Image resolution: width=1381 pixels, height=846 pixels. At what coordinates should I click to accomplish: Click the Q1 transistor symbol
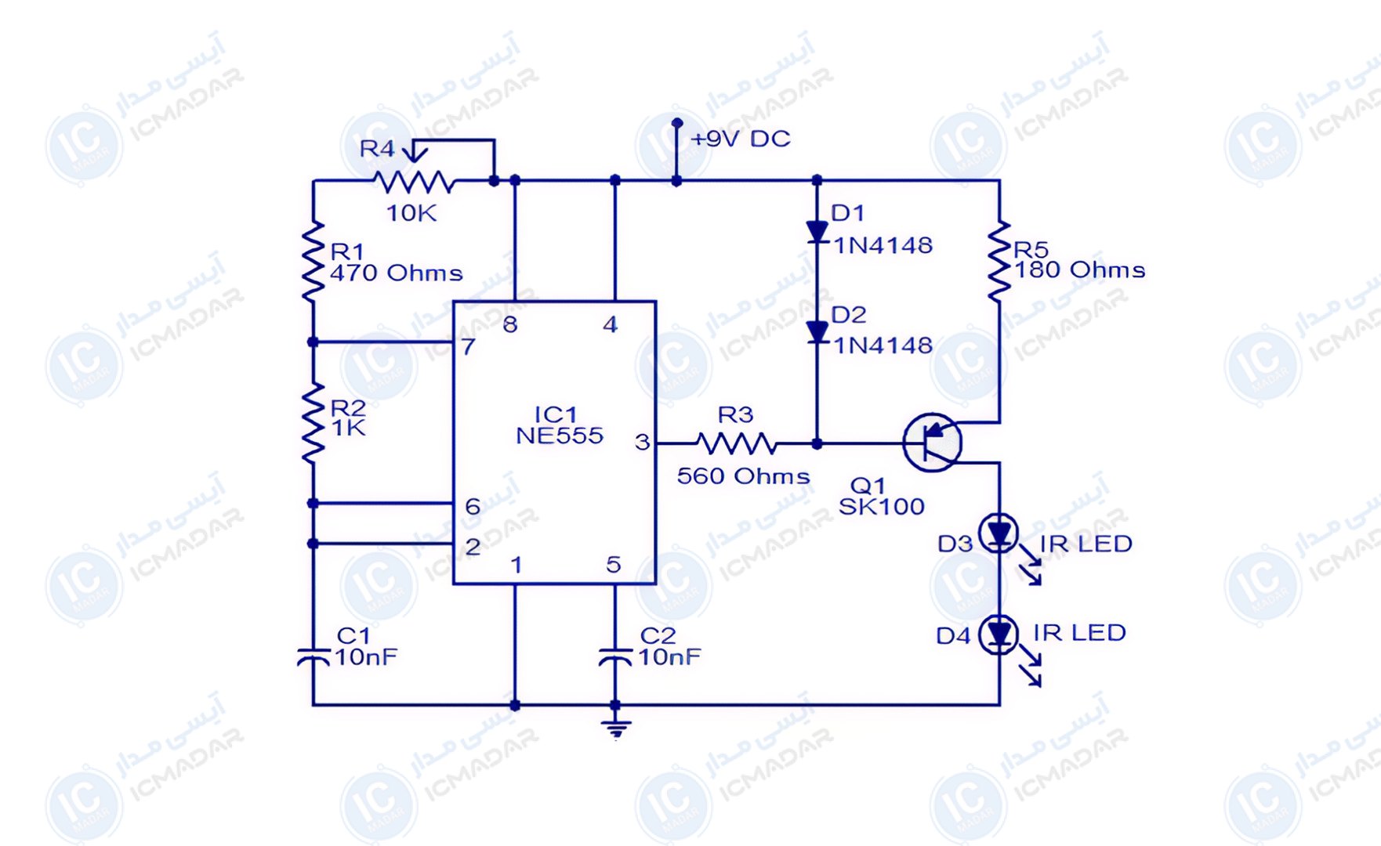pos(932,443)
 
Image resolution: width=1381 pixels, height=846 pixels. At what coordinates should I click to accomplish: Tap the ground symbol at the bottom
pos(616,727)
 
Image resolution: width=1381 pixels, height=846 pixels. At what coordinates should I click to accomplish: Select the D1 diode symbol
pos(817,232)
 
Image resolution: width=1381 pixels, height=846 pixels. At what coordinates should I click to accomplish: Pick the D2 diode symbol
pos(817,333)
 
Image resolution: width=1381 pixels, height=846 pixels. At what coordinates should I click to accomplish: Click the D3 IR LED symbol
pos(999,534)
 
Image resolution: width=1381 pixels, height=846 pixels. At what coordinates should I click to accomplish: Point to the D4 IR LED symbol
pos(999,634)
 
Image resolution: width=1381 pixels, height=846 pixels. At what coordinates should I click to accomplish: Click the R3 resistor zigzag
pos(736,443)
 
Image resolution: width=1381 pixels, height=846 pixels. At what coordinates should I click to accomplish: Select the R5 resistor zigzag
pos(999,261)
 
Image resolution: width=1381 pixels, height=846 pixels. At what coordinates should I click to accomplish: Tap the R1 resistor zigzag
pos(313,261)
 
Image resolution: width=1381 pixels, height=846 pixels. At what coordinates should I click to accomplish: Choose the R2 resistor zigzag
pos(313,422)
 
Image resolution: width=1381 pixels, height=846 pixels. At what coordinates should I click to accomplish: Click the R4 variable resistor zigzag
pos(414,182)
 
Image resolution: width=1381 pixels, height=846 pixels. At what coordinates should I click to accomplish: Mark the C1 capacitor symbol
pos(314,656)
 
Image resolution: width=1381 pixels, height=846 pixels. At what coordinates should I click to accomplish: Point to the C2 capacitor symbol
pos(615,656)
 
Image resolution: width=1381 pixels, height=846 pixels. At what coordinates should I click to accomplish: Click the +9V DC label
pos(741,139)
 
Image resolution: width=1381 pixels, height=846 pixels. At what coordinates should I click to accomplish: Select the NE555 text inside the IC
pos(560,436)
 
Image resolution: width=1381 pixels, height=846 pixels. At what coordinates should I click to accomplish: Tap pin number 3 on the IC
pos(642,443)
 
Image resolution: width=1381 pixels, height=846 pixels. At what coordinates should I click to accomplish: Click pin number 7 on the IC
pos(468,346)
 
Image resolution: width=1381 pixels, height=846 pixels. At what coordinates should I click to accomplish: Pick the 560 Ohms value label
pos(743,476)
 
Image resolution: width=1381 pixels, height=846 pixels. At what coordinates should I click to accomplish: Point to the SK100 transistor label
pos(882,507)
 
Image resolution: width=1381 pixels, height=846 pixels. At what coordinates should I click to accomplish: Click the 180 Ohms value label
pos(1080,270)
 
